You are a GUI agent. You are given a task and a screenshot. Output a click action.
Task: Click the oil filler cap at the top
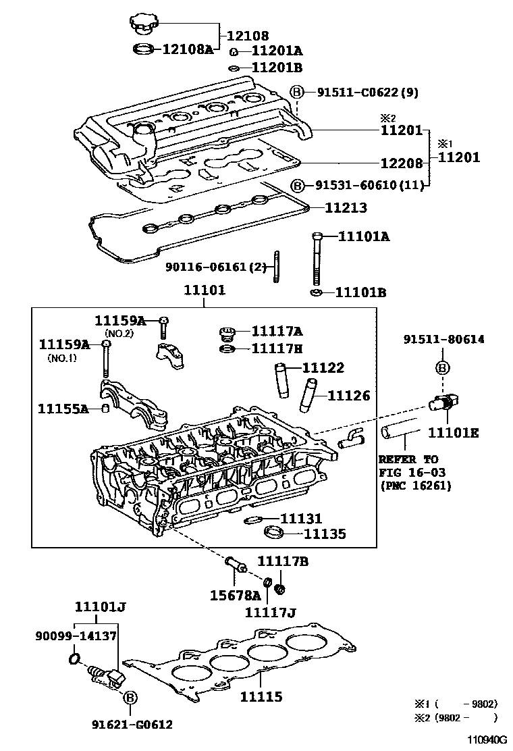tap(143, 24)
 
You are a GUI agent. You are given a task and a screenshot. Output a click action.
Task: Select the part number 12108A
tap(187, 49)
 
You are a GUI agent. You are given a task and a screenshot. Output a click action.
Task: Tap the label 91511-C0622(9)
tap(368, 93)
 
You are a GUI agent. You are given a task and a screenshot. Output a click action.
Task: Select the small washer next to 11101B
tap(316, 292)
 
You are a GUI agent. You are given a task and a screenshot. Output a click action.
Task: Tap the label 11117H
tap(277, 348)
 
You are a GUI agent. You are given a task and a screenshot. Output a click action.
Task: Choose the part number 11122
tap(323, 368)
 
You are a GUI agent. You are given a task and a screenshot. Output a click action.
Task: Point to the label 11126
tap(348, 396)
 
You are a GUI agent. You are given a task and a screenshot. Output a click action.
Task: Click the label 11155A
tap(63, 409)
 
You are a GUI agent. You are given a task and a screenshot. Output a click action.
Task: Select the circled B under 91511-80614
tap(443, 368)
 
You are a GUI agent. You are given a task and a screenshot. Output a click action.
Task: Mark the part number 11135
tap(324, 534)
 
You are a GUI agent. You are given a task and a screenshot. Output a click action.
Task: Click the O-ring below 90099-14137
tap(76, 658)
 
